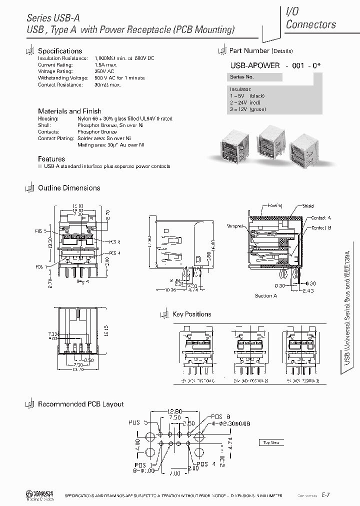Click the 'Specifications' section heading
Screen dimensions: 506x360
(60, 51)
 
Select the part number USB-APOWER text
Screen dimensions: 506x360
(254, 65)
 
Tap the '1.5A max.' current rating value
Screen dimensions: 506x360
(105, 65)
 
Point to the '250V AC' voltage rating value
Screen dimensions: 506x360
(104, 71)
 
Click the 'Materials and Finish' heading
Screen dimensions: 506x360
(69, 111)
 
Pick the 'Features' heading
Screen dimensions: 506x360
(51, 159)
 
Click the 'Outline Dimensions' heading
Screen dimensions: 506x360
(69, 188)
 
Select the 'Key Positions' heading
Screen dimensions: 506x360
(191, 314)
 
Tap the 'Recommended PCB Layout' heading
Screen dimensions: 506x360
(80, 404)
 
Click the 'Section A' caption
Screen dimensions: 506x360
(266, 295)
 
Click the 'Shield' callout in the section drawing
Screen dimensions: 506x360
(308, 205)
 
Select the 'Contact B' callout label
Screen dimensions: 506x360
(321, 228)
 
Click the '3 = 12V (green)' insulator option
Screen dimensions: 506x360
(248, 109)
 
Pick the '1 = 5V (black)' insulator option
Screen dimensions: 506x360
(247, 95)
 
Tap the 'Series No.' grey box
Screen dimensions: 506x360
(242, 77)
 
